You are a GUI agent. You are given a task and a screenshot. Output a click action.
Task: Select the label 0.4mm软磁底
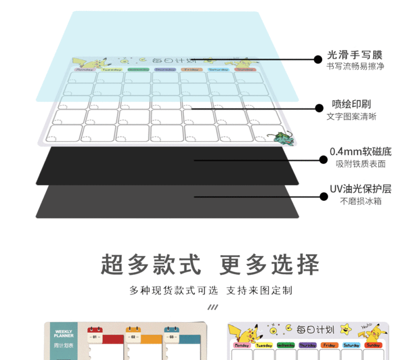click(x=360, y=152)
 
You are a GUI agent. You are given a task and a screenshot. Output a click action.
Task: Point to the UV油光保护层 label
click(x=360, y=189)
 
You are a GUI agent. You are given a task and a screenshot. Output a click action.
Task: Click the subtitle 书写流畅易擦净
click(x=355, y=67)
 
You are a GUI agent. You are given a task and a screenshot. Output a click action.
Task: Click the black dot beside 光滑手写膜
click(x=317, y=59)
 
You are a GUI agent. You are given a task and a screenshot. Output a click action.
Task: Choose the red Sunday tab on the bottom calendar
click(x=373, y=345)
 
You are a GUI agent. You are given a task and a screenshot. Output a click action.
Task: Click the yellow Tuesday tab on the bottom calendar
click(x=264, y=345)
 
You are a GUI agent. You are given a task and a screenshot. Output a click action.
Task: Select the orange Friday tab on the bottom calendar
click(x=329, y=345)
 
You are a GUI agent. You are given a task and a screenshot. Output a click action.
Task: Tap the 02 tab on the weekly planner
click(x=134, y=337)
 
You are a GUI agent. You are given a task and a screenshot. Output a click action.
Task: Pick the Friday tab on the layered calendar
click(x=191, y=69)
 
